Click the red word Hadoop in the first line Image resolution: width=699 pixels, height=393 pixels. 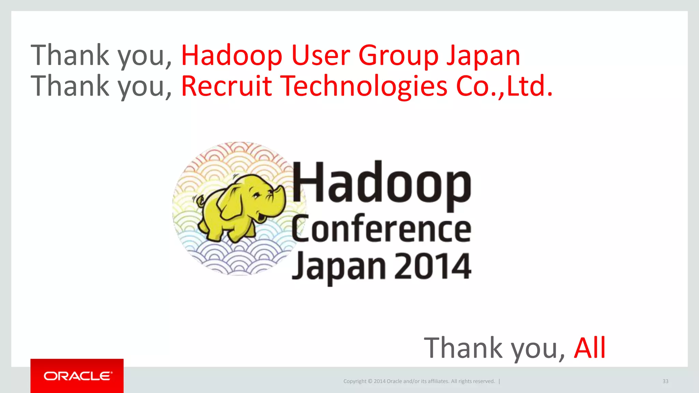231,55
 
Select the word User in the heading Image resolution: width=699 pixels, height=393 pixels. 320,55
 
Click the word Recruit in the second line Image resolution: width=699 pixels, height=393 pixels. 226,86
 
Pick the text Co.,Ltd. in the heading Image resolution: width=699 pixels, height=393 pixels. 504,86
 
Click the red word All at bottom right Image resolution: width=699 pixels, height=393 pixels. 589,348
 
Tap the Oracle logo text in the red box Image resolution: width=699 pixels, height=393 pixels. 77,376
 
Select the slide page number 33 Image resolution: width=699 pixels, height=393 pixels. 665,381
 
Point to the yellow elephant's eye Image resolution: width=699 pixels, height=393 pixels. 256,195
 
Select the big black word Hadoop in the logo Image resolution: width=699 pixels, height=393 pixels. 381,184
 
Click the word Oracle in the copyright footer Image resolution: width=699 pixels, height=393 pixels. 394,381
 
